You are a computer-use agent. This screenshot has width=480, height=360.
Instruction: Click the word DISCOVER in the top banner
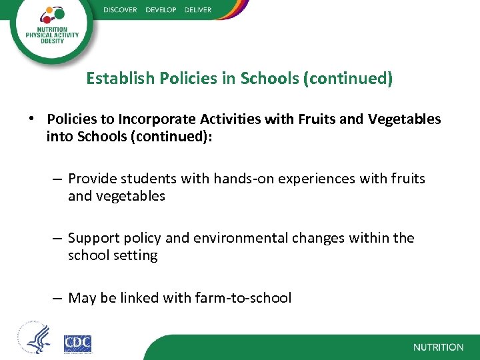tap(121, 9)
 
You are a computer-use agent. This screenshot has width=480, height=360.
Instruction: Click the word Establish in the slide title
tap(121, 79)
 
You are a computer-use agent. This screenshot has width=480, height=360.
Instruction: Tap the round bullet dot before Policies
tap(31, 119)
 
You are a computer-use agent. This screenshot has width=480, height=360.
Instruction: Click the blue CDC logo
tap(77, 343)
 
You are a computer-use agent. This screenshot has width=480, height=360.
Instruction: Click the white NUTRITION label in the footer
tap(438, 347)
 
